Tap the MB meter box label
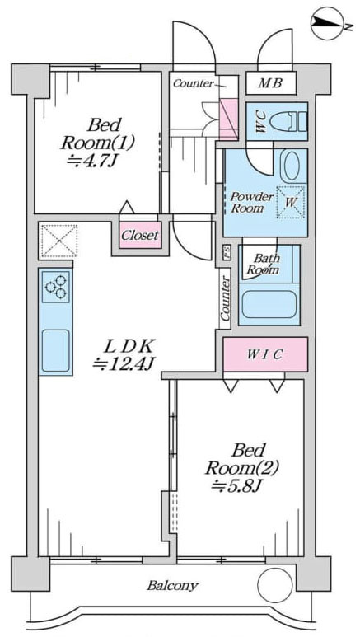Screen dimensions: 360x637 click(271, 84)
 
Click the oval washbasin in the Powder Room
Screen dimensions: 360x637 click(292, 166)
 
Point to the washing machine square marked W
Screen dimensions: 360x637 click(291, 202)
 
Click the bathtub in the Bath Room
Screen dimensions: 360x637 click(269, 304)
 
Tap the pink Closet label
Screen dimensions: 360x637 click(140, 235)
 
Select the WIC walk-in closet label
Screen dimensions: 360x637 click(265, 354)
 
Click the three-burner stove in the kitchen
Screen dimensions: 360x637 click(56, 287)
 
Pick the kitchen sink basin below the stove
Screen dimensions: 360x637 click(56, 350)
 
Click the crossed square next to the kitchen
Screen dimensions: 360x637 click(59, 241)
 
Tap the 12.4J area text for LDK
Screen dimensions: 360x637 click(122, 363)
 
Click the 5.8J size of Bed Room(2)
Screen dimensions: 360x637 click(237, 485)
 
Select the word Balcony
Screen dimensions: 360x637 click(173, 585)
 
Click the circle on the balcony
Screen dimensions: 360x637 click(275, 585)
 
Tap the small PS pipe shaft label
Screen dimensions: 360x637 click(227, 253)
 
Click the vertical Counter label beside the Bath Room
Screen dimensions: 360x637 click(225, 298)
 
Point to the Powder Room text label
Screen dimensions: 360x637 click(252, 203)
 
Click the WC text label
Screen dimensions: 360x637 click(261, 121)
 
